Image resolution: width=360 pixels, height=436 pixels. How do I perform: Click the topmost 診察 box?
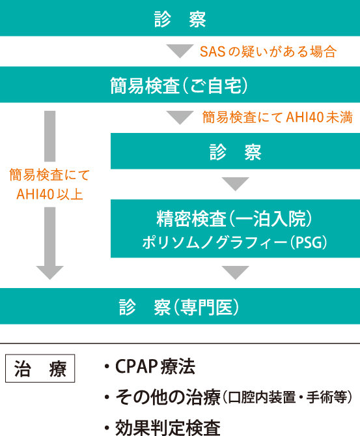(x=180, y=18)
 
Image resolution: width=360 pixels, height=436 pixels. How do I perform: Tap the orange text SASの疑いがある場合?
(x=268, y=51)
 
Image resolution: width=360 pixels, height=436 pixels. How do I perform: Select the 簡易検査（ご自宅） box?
(x=180, y=85)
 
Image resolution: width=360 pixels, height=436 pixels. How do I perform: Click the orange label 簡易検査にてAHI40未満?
(x=277, y=117)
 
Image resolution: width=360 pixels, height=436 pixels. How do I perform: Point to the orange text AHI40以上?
(x=49, y=194)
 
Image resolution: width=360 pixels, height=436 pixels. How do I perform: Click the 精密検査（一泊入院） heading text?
(x=235, y=219)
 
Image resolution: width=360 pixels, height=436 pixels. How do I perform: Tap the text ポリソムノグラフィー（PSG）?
(x=235, y=242)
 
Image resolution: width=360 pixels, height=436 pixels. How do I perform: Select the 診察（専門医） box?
(x=180, y=306)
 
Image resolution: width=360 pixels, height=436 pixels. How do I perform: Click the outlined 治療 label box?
(x=40, y=368)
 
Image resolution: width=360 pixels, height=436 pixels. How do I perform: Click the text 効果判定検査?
(x=168, y=428)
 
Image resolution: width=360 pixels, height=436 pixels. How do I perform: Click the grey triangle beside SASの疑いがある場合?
(x=180, y=51)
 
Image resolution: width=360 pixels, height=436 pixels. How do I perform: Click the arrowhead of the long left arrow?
(x=50, y=272)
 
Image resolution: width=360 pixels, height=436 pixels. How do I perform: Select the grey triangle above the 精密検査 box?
(x=235, y=184)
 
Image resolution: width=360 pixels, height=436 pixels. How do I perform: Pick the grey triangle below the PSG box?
(x=235, y=272)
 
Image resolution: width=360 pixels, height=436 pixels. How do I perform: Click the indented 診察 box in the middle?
(x=235, y=151)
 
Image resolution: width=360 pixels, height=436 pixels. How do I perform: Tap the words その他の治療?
(x=169, y=397)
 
